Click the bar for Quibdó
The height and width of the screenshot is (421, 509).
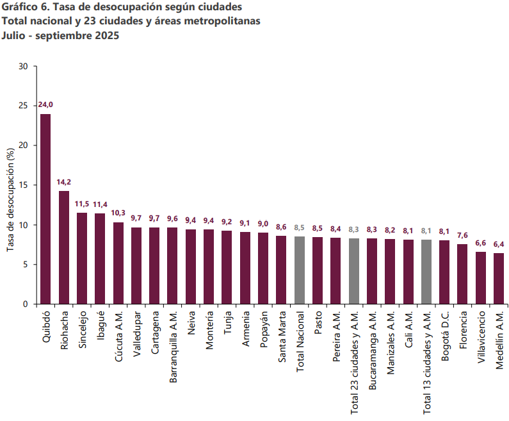45,209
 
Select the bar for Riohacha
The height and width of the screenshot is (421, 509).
64,247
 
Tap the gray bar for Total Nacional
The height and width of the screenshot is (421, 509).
299,270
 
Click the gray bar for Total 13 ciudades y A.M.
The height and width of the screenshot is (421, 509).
426,272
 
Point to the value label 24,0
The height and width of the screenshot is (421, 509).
45,104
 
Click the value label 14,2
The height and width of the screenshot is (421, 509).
64,182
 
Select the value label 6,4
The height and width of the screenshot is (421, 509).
499,244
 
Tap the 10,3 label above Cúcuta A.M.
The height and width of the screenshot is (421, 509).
118,213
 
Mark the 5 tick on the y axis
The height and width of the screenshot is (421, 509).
26,264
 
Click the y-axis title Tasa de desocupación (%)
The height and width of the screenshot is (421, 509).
10,199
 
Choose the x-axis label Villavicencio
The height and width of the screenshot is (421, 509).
481,337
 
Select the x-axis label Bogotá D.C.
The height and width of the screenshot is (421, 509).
444,334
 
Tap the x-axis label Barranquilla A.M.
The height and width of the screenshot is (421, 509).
173,347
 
